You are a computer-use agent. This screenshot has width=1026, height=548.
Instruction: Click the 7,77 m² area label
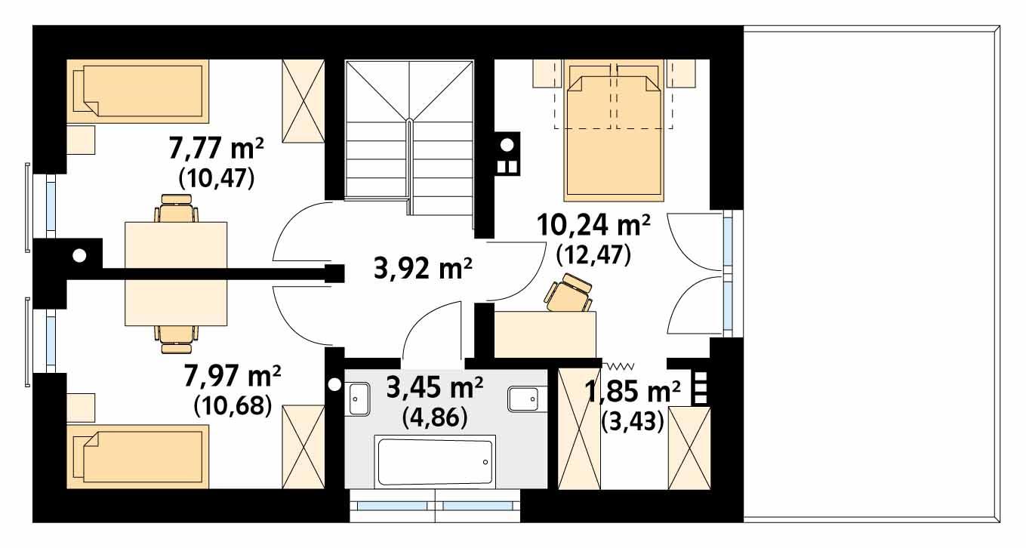[216, 149]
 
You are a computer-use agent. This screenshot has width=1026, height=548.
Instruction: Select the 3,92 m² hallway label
[423, 268]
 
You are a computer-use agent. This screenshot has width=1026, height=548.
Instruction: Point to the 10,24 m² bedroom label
[593, 225]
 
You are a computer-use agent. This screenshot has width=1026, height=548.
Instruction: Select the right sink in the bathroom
[523, 398]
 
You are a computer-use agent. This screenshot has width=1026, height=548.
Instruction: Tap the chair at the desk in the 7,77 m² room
[177, 209]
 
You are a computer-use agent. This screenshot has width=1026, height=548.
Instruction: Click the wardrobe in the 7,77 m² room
[303, 100]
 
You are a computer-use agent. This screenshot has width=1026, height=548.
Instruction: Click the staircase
[408, 136]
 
